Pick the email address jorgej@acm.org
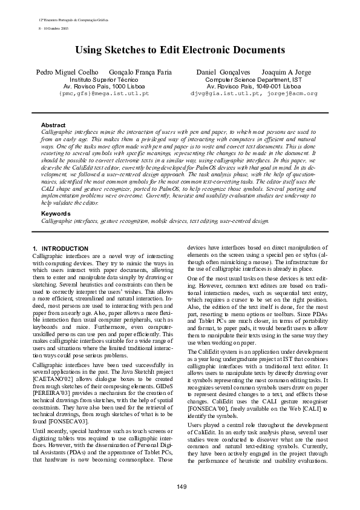(x=291, y=94)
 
